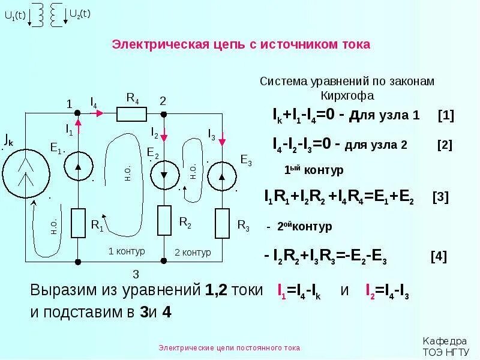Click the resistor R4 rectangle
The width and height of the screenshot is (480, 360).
coord(131,113)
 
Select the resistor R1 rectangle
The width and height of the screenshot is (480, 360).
coord(79,223)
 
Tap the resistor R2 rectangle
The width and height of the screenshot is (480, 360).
coord(164,220)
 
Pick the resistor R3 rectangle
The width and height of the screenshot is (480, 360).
coord(222,222)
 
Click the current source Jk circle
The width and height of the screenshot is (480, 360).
coord(25,172)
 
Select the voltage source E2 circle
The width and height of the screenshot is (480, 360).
coord(164,175)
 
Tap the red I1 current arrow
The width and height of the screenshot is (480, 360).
coord(79,122)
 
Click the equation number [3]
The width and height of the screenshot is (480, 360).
coord(440,197)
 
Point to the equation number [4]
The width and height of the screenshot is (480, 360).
coord(439,256)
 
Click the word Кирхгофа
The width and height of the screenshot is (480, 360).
coord(347,95)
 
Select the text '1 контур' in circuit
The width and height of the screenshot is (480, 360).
coord(127,251)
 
